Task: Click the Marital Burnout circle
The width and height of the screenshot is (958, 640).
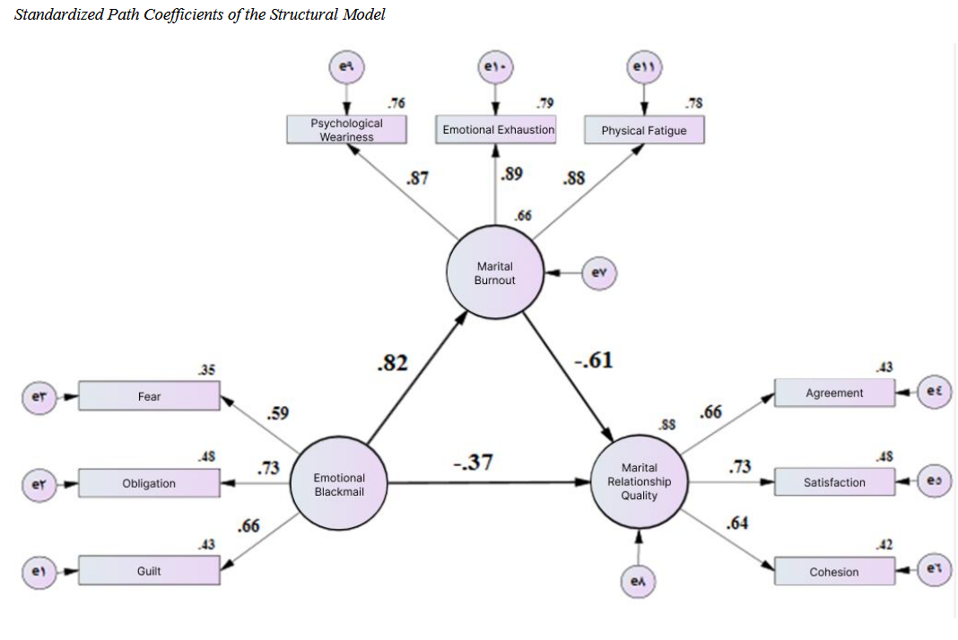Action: click(x=494, y=273)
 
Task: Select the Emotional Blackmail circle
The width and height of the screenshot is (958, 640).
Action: click(x=339, y=484)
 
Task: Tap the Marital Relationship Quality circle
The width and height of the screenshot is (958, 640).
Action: click(x=639, y=481)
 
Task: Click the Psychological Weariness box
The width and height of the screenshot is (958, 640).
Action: click(x=347, y=130)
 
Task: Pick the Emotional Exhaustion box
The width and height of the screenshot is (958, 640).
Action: click(x=498, y=130)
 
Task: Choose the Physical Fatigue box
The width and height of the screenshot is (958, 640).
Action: click(x=643, y=131)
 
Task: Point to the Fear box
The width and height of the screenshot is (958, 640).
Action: click(x=149, y=396)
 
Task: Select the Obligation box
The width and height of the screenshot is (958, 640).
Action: click(x=149, y=483)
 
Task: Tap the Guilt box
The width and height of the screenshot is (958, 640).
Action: click(x=149, y=571)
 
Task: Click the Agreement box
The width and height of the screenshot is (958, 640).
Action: click(x=834, y=393)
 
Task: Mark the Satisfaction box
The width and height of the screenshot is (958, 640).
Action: click(x=834, y=482)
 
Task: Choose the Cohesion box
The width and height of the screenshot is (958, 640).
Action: click(x=834, y=572)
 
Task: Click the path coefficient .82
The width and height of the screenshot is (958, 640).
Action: click(x=391, y=363)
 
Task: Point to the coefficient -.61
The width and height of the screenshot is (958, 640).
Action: click(x=594, y=361)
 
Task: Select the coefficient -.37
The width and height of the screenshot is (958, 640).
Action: click(x=472, y=463)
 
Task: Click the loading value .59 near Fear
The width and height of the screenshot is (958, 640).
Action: click(x=278, y=413)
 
